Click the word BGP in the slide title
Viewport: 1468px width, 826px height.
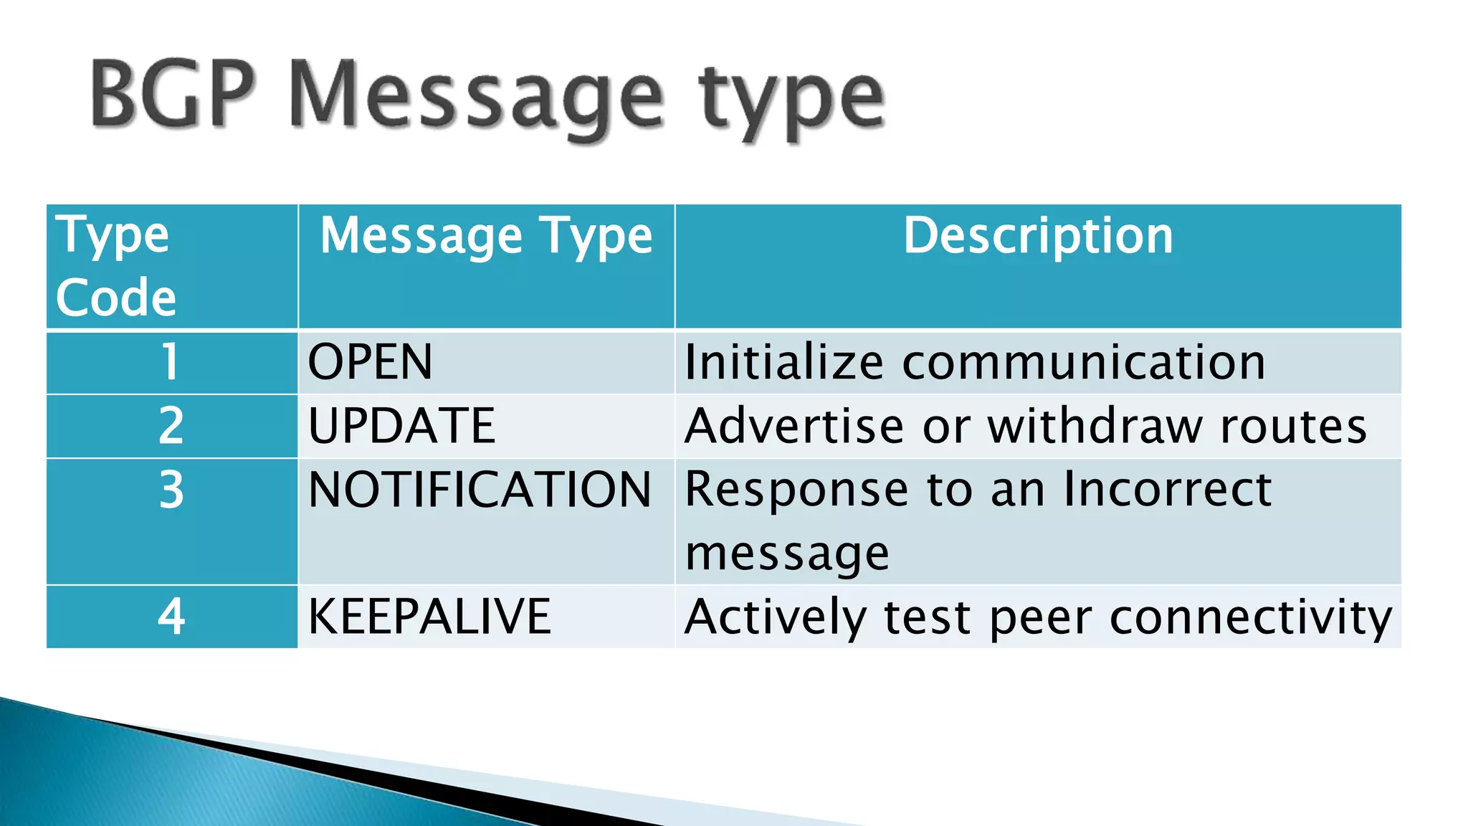pos(172,95)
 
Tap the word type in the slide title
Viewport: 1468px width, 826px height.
pos(792,100)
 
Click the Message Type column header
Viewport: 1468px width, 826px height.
pos(486,237)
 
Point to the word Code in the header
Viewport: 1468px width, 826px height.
pos(116,298)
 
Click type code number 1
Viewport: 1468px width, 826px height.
pos(171,362)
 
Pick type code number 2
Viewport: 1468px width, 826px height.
pos(171,426)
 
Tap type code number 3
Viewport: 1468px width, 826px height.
pos(171,490)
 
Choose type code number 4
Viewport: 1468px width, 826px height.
pos(171,617)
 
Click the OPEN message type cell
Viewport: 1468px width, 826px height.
pos(371,362)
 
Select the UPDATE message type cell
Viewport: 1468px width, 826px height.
pos(401,426)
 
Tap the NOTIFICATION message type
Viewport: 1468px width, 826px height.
pos(480,490)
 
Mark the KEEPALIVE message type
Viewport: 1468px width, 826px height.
pos(429,617)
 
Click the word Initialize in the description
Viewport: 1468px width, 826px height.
pos(784,362)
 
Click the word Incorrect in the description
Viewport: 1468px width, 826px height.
pos(1168,490)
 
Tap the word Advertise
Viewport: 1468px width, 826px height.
pos(794,426)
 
